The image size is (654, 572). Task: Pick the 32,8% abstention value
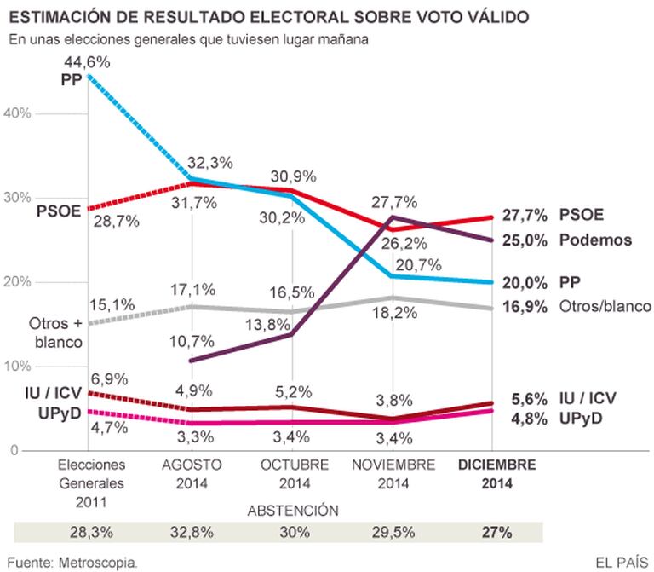click(x=192, y=532)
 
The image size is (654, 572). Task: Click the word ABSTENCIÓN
click(x=292, y=510)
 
